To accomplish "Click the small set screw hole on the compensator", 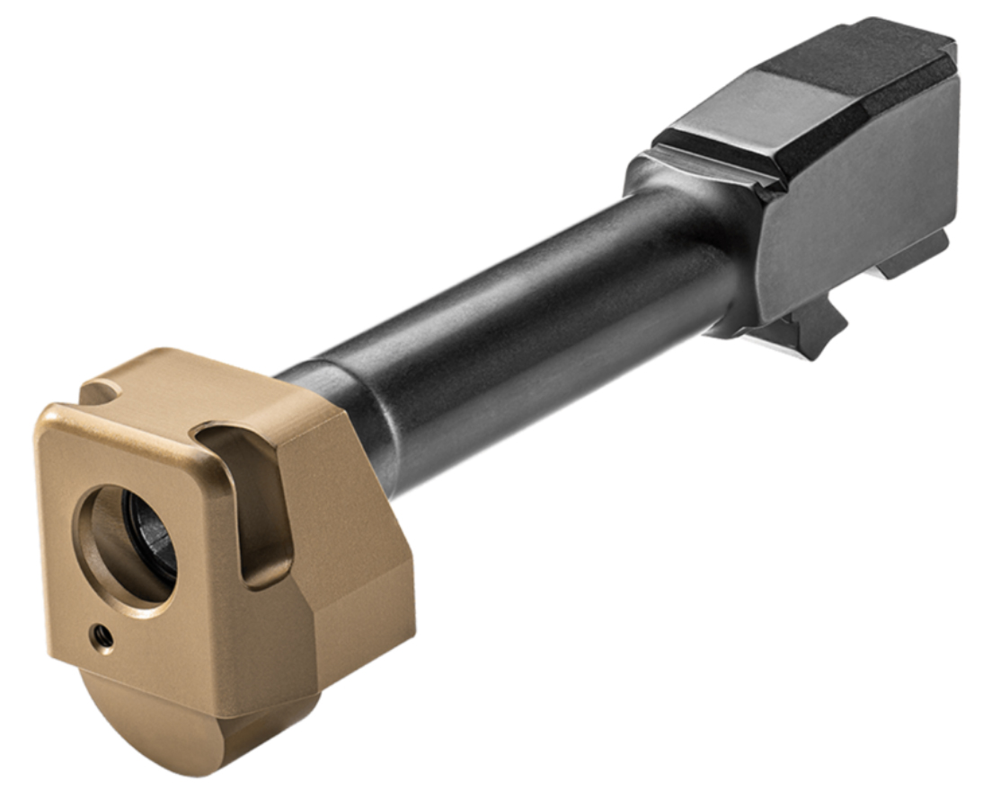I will point(103,636).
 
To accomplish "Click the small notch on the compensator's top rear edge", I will point(104,391).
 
